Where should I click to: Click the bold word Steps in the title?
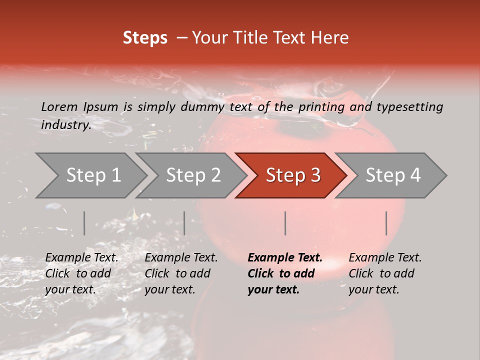pyautogui.click(x=145, y=38)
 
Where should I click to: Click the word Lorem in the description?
pyautogui.click(x=59, y=106)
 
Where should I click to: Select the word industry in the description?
pyautogui.click(x=65, y=124)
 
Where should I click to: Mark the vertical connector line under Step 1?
pyautogui.click(x=84, y=223)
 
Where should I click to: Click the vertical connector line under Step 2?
pyautogui.click(x=184, y=223)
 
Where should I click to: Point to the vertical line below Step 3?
pyautogui.click(x=285, y=223)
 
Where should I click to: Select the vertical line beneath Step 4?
pyautogui.click(x=386, y=223)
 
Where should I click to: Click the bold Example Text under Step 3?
pyautogui.click(x=285, y=258)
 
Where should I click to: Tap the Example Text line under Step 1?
pyautogui.click(x=81, y=258)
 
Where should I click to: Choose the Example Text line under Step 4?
pyautogui.click(x=385, y=258)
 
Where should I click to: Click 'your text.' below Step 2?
pyautogui.click(x=169, y=289)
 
